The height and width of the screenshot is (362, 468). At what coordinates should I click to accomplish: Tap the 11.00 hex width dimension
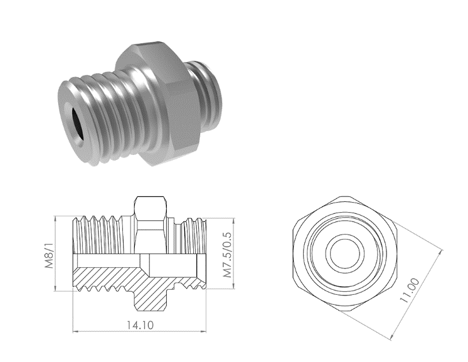click(410, 290)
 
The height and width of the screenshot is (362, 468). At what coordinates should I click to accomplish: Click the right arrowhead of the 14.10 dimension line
click(203, 331)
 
